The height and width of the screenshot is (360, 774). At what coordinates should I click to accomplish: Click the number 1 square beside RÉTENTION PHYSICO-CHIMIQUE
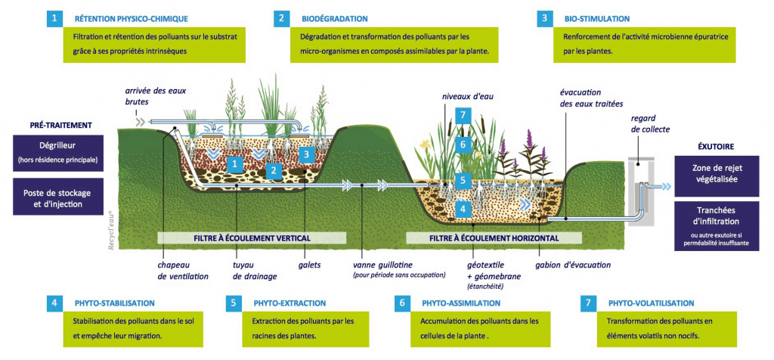pos(54,18)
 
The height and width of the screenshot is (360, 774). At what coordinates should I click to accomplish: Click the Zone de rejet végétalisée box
pos(717,175)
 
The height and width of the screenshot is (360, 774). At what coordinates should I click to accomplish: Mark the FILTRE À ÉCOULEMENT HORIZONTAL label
pos(495,238)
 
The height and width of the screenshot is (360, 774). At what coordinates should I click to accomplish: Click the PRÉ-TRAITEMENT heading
pos(61,124)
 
